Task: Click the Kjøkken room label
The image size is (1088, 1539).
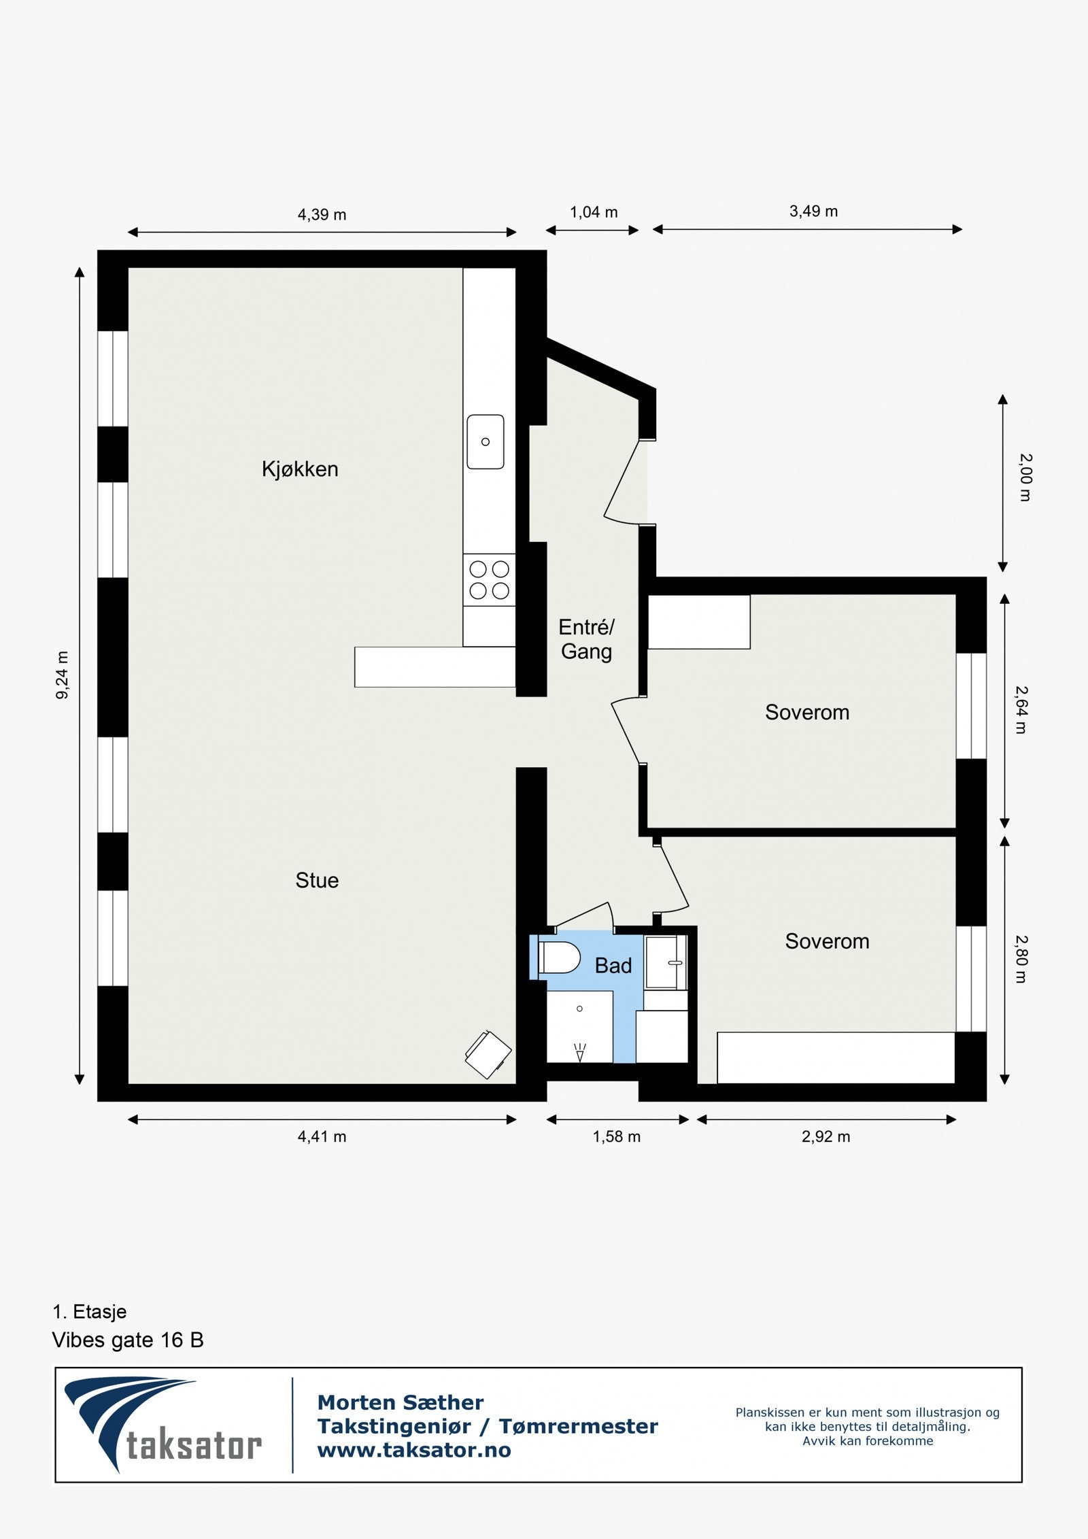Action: (300, 469)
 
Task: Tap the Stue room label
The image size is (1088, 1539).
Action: (317, 881)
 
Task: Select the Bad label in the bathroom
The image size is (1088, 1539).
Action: (613, 966)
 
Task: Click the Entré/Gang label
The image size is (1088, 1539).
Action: (586, 639)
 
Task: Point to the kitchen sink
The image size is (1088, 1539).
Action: (486, 442)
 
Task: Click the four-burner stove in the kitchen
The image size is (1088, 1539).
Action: (490, 580)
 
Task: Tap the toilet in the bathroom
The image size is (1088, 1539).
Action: (559, 958)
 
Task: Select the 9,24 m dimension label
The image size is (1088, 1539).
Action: (63, 675)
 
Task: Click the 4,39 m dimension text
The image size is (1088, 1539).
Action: (322, 215)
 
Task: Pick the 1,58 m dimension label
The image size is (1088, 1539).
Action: (616, 1137)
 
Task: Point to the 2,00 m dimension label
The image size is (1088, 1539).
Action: (1025, 477)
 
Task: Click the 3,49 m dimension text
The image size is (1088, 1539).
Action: (813, 212)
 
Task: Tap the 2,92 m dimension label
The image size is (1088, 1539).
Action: (826, 1137)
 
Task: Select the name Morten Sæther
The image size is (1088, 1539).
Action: (401, 1402)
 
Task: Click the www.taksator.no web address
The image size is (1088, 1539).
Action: (414, 1450)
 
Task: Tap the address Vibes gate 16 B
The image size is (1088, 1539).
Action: (128, 1340)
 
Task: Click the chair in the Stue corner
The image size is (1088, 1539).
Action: (488, 1054)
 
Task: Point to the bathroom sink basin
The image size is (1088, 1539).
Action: (666, 963)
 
